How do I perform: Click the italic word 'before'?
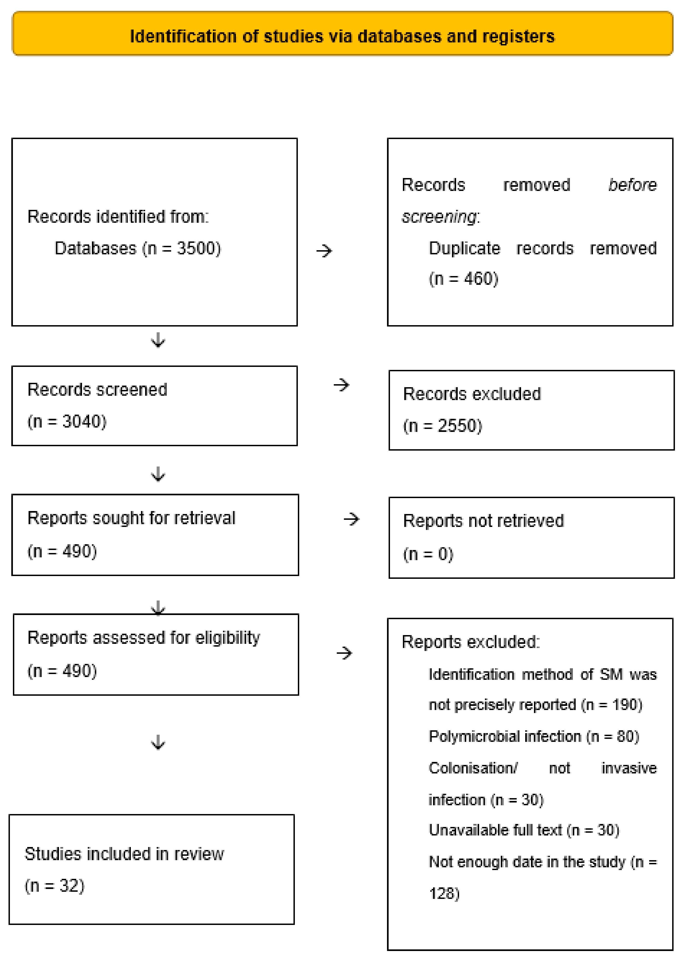point(632,185)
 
